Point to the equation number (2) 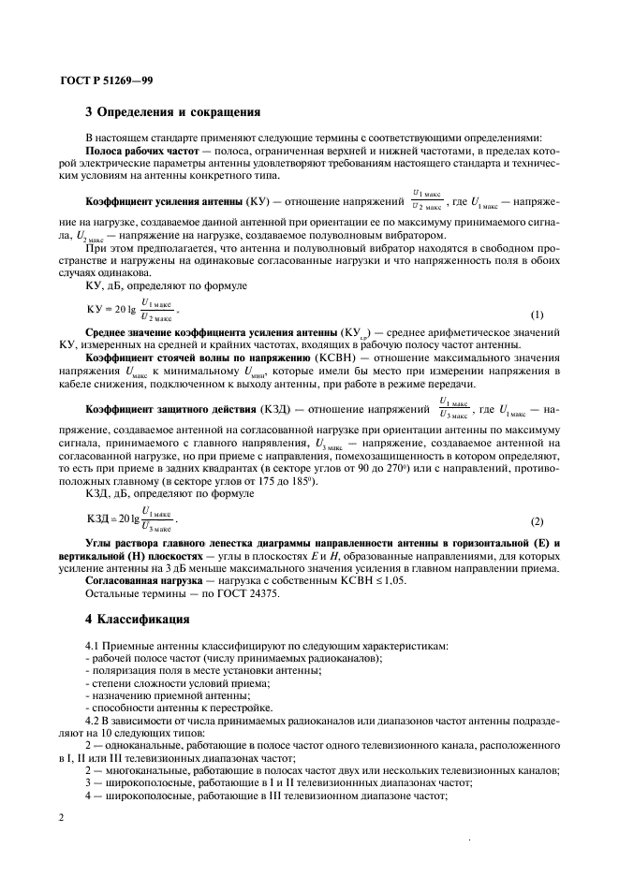point(537,520)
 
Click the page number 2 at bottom point(61,817)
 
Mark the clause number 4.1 point(95,646)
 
